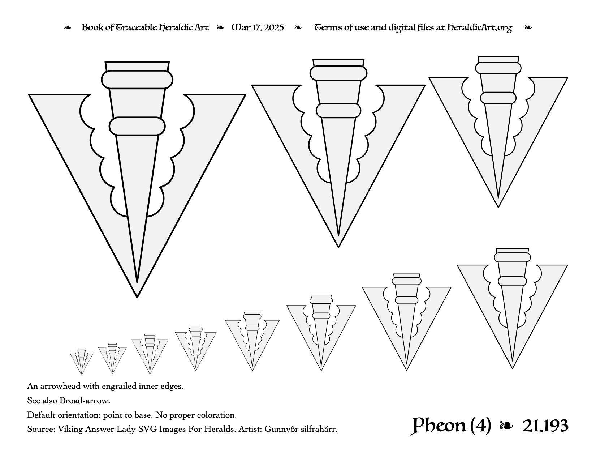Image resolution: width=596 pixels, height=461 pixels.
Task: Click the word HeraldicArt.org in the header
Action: tap(479, 28)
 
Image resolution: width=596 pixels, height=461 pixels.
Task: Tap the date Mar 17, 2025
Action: tap(258, 27)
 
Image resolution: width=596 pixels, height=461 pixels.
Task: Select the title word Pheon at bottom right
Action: tap(438, 426)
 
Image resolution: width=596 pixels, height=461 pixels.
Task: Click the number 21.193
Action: tap(545, 426)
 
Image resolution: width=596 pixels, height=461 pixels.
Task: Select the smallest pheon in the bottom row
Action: tap(82, 362)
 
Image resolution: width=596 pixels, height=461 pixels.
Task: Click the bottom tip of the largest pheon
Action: tap(137, 297)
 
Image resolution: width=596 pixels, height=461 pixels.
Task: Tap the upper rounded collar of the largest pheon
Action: tap(137, 80)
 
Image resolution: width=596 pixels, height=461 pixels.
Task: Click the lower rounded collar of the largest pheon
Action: tap(137, 126)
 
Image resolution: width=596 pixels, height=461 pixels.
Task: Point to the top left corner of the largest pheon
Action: tap(29, 95)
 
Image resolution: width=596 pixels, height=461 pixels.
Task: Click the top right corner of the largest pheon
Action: tap(245, 95)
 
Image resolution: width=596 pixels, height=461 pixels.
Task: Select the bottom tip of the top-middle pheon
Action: tap(338, 247)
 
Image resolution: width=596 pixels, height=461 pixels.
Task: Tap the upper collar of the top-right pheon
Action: tap(498, 68)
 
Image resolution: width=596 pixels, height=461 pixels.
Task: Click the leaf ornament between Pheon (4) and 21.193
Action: tap(506, 426)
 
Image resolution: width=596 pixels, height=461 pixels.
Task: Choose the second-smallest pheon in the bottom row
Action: tap(112, 358)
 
